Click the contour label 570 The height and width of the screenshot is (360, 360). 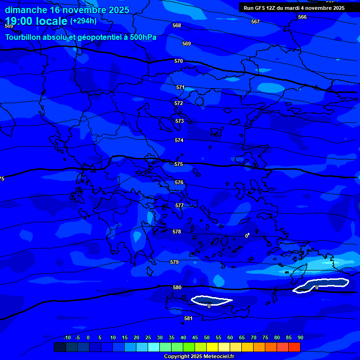pyautogui.click(x=178, y=61)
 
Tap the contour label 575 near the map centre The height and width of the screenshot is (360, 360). pyautogui.click(x=178, y=165)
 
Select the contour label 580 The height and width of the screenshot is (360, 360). pyautogui.click(x=177, y=288)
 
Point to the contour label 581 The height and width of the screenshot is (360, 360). pyautogui.click(x=188, y=319)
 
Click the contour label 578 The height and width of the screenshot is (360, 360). pyautogui.click(x=176, y=232)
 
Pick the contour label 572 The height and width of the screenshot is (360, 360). pyautogui.click(x=179, y=104)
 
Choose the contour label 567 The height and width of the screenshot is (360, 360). pyautogui.click(x=255, y=22)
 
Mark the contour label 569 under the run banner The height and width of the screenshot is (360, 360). pyautogui.click(x=187, y=44)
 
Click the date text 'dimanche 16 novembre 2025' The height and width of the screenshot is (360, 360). pyautogui.click(x=67, y=10)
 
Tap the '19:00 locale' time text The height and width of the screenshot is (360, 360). pyautogui.click(x=36, y=21)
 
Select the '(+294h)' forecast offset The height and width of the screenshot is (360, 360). pyautogui.click(x=83, y=21)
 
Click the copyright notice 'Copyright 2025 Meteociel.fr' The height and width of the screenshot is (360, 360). pyautogui.click(x=199, y=356)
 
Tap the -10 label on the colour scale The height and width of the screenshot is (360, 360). pyautogui.click(x=67, y=337)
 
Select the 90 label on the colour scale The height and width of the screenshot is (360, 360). pyautogui.click(x=300, y=337)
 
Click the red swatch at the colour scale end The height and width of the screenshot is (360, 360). pyautogui.click(x=294, y=347)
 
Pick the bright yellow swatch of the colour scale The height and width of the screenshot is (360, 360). pyautogui.click(x=212, y=347)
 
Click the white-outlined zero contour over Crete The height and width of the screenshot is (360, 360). pyautogui.click(x=211, y=300)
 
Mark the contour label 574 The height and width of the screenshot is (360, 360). pyautogui.click(x=179, y=141)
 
